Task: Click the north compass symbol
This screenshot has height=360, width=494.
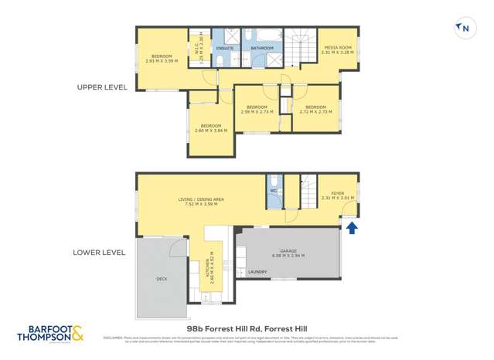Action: [465, 29]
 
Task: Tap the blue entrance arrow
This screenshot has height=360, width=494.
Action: [352, 228]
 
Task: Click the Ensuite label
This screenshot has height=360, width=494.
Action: [224, 48]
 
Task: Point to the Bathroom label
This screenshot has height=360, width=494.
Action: [262, 48]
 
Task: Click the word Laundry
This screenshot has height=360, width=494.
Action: [257, 272]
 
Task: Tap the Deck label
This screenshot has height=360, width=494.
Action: [162, 278]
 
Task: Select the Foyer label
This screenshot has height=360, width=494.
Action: [337, 195]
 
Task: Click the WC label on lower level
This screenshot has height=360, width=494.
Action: [274, 190]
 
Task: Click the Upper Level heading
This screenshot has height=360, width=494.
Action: [102, 87]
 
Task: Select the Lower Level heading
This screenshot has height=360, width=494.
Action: [99, 252]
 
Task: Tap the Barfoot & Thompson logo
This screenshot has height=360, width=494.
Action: [51, 335]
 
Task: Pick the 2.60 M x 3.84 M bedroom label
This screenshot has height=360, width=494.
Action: [211, 128]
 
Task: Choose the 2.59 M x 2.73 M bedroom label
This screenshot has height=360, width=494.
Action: [257, 109]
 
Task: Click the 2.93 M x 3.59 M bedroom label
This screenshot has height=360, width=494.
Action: [162, 58]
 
